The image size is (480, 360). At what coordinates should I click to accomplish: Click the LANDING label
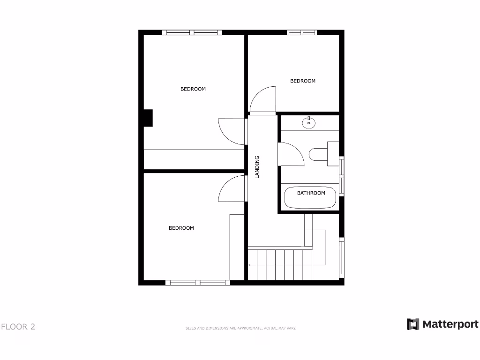pos(257,167)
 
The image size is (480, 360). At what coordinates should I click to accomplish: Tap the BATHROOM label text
pos(311,193)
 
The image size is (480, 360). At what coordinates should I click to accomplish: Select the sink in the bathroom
pos(309,123)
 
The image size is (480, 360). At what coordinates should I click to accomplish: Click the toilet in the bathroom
pos(320,154)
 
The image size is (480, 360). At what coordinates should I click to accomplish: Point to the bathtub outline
pos(311,198)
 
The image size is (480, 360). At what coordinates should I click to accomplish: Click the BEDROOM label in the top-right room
pos(303,81)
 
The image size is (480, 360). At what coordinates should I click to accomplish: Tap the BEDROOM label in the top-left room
pos(193,89)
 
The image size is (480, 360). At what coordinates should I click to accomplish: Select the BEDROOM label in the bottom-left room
pos(181,228)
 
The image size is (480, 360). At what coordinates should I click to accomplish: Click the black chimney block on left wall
pos(148,118)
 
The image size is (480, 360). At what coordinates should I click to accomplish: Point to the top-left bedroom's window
pos(191,32)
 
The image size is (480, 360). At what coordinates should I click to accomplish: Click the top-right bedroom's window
pos(302,32)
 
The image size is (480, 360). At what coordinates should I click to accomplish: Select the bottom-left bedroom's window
pos(198,283)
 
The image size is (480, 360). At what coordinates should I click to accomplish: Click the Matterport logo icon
pos(412,324)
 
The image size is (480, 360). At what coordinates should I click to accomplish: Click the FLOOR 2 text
pos(18,327)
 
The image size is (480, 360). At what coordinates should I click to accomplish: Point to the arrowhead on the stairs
pos(250,265)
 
